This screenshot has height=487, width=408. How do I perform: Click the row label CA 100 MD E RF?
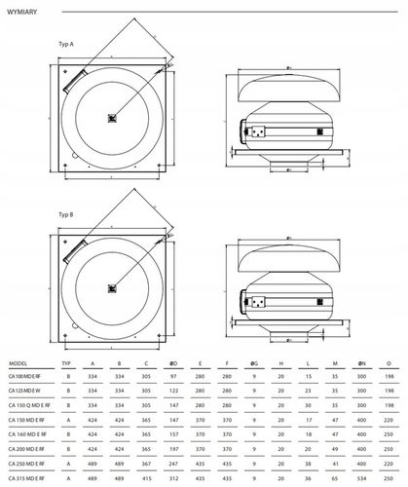(28, 374)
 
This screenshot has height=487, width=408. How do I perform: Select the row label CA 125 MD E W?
(27, 389)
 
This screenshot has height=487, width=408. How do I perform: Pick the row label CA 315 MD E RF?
(28, 479)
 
